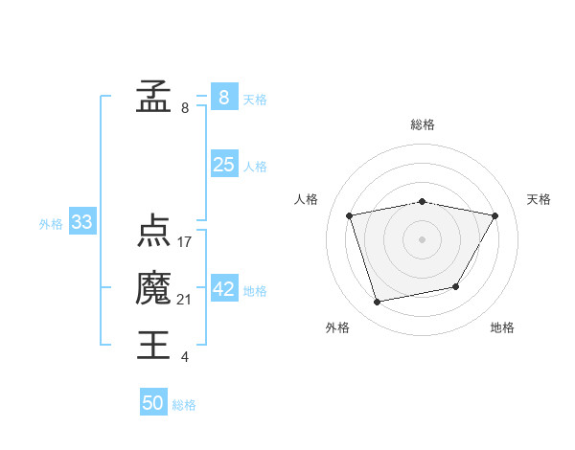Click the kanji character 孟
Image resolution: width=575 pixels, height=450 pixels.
[x=153, y=98]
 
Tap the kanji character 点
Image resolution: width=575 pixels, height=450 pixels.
[x=153, y=232]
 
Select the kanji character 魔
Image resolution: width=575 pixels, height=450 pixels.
[x=153, y=288]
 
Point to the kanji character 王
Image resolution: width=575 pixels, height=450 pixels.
[x=153, y=345]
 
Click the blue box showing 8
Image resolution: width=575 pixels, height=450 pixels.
[x=223, y=98]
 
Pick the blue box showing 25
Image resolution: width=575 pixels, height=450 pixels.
[x=223, y=165]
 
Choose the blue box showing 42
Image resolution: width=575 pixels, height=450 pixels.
[x=223, y=289]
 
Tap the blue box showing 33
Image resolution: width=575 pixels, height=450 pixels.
[x=82, y=223]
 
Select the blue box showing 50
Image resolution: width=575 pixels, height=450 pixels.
[x=153, y=403]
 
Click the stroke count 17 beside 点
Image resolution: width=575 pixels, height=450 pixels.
[x=185, y=242]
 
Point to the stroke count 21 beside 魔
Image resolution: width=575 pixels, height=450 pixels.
[x=185, y=300]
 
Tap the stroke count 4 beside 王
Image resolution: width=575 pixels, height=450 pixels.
[x=185, y=357]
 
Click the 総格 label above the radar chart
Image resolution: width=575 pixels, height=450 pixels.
[x=423, y=124]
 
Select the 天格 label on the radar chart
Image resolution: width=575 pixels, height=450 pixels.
[x=540, y=199]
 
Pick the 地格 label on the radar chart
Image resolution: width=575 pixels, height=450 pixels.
[x=502, y=327]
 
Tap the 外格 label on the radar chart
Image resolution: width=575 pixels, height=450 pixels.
[x=337, y=327]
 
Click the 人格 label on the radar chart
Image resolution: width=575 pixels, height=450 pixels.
[x=306, y=199]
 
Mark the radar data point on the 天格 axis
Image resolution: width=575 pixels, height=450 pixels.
[x=494, y=215]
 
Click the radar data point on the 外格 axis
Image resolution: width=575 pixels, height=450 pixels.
[x=378, y=302]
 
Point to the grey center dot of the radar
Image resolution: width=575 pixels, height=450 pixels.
[x=423, y=238]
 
